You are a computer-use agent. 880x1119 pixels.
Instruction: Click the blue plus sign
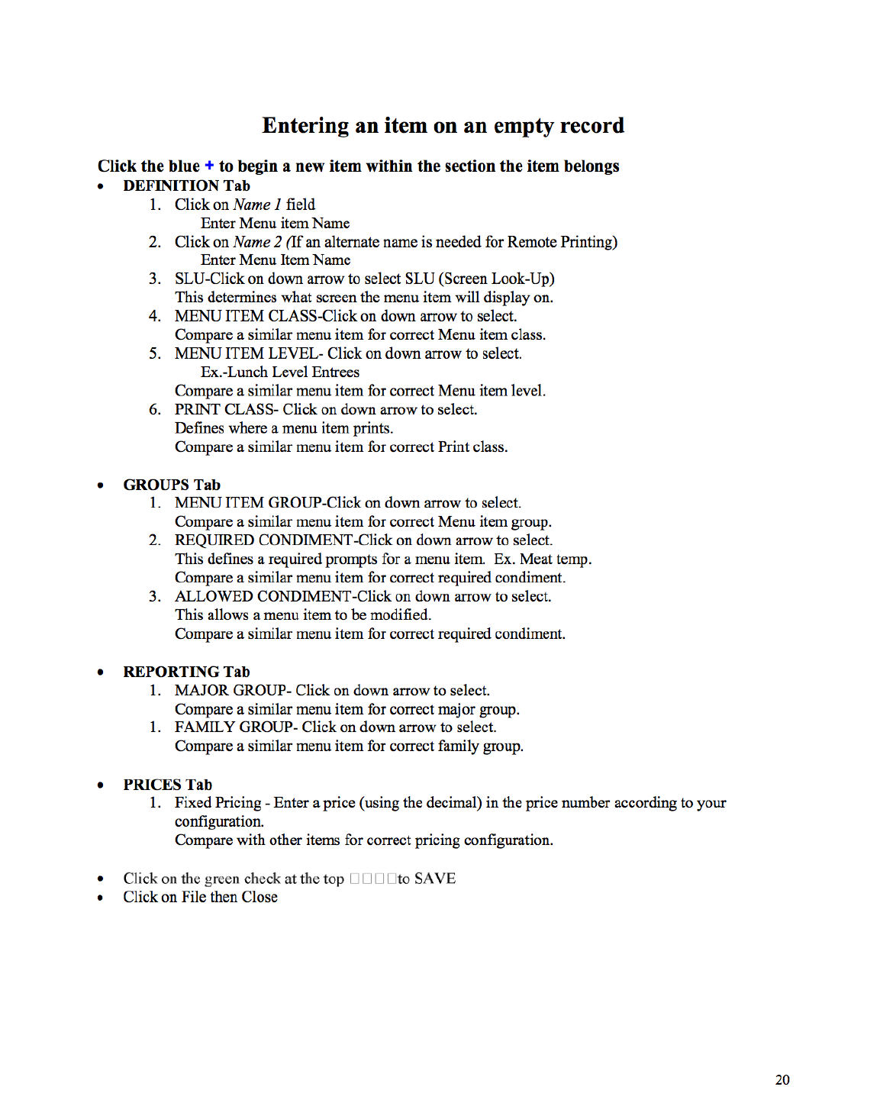(x=209, y=166)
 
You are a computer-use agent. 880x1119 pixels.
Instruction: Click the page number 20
(x=782, y=1079)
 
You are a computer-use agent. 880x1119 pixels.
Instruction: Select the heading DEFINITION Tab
(x=186, y=185)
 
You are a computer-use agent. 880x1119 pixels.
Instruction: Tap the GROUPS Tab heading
(x=172, y=485)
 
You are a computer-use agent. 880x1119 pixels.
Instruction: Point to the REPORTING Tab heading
(x=186, y=672)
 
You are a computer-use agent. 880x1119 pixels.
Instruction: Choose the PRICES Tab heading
(x=167, y=785)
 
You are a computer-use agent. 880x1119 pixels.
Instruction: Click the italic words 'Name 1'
(x=257, y=205)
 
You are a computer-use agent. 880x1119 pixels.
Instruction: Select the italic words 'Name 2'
(x=257, y=242)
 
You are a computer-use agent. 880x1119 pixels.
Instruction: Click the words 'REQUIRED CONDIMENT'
(x=263, y=540)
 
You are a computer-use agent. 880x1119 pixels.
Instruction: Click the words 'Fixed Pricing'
(x=218, y=803)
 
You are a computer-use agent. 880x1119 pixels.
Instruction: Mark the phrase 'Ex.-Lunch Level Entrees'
(x=280, y=372)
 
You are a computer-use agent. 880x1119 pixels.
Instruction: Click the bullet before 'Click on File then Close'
(x=101, y=898)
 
